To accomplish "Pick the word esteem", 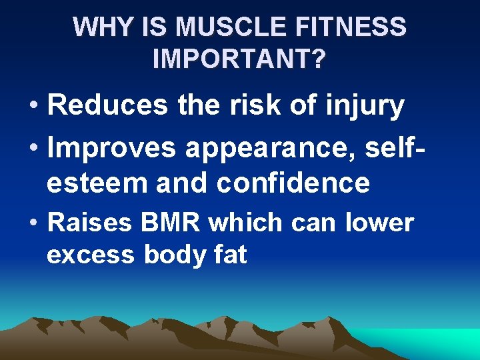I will (97, 182).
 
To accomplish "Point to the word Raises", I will (90, 223).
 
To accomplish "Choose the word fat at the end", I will (231, 254).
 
